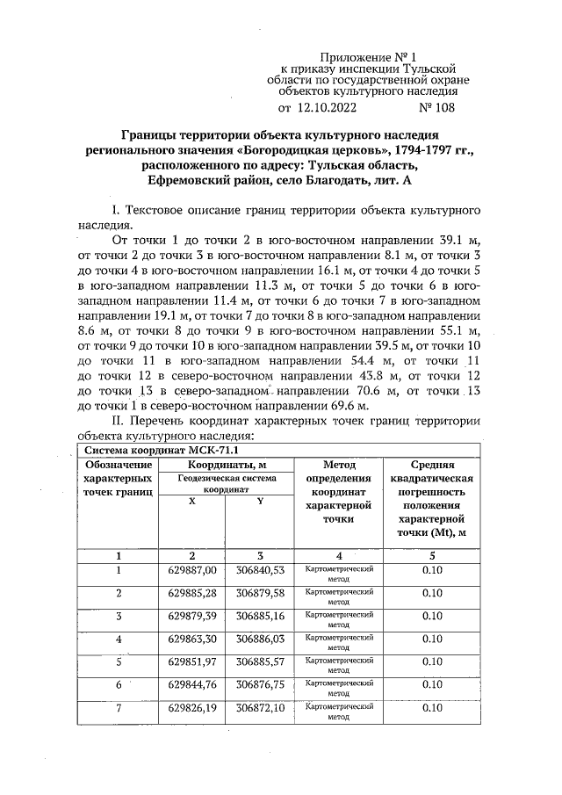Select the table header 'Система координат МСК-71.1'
click(147, 451)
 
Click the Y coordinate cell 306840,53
click(259, 571)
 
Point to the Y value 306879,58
click(259, 594)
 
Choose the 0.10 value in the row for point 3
click(431, 617)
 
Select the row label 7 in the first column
click(118, 708)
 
